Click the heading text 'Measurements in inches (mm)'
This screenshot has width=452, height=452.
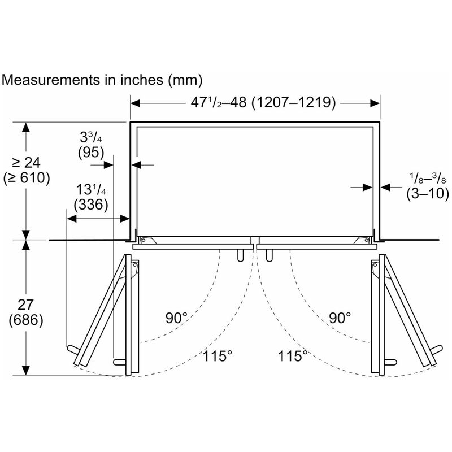click(102, 80)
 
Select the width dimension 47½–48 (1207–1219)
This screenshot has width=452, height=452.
click(263, 102)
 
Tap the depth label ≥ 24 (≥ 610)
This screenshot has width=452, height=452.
click(27, 171)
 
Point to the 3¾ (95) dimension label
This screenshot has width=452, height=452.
click(91, 145)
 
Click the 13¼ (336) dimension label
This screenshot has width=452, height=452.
click(91, 197)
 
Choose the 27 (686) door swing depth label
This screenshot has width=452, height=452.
click(26, 313)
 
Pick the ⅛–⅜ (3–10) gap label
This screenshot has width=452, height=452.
click(428, 186)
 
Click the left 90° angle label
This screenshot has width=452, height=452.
click(176, 318)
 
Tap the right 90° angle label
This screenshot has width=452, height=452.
click(340, 318)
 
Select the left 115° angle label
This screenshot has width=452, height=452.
click(218, 356)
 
